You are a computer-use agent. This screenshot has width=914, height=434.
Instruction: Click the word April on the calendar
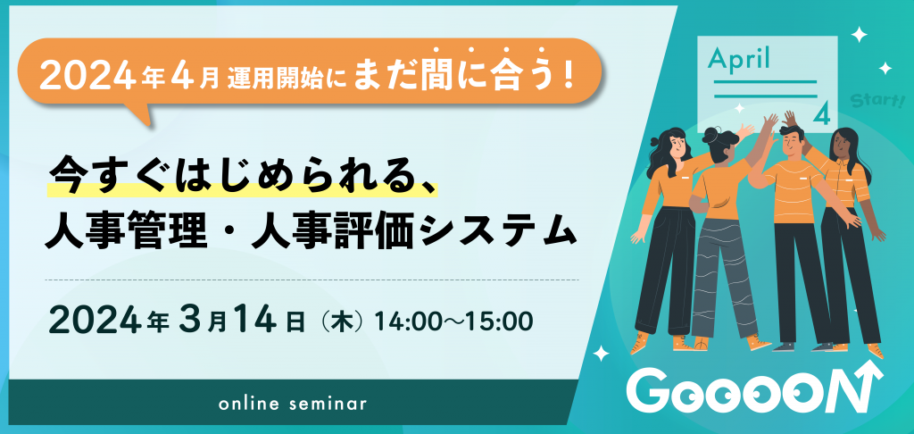pos(739,60)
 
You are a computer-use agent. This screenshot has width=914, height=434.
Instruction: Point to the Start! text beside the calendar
pos(877,99)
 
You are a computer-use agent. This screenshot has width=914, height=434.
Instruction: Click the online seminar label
pos(293,404)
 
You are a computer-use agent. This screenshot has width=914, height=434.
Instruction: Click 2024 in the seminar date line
pos(92,319)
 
